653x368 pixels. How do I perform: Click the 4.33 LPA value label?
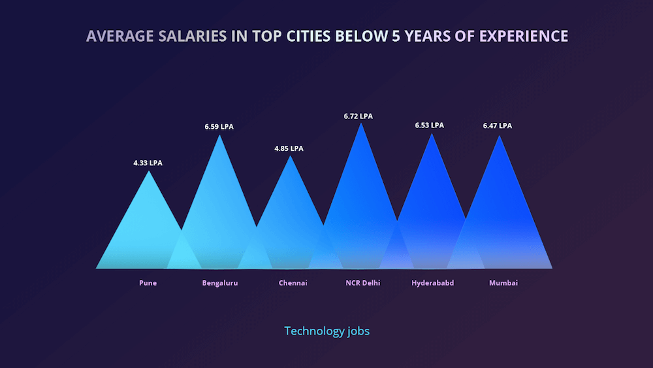point(148,163)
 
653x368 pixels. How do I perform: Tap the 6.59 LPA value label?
point(219,127)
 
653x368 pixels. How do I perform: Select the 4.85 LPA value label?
point(289,148)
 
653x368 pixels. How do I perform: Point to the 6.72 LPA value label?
point(358,116)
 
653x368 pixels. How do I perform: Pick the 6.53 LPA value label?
point(430,125)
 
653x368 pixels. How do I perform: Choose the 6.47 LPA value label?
point(498,125)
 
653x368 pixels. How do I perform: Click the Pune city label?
point(148,283)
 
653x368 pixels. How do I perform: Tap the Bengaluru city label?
point(220,283)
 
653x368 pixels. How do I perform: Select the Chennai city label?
point(293,283)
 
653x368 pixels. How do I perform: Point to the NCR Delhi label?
point(362,283)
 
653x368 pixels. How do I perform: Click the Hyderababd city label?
point(433,283)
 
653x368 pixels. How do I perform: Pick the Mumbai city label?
point(503,283)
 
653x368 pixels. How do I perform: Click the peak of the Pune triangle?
point(149,172)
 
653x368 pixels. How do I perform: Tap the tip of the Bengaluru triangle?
point(220,135)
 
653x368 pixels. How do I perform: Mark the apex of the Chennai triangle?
point(291,156)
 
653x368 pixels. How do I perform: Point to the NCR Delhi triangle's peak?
point(361,124)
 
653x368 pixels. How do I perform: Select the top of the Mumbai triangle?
point(500,136)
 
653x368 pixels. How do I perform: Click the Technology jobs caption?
point(326,331)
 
